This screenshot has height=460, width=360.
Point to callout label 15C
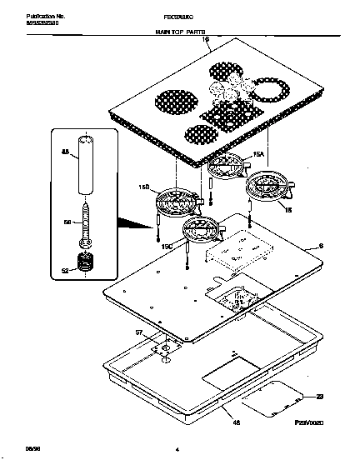pos(167,246)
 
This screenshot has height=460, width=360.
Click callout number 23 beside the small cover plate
pos(318,397)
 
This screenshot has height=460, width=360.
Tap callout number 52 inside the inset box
pos(65,269)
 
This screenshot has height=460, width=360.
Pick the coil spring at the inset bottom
pos(83,267)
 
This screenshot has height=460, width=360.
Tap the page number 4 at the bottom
pos(177,450)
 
